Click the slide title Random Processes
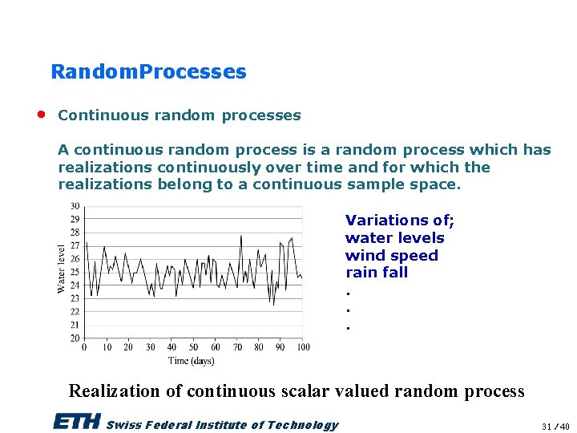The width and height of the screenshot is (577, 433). pyautogui.click(x=148, y=72)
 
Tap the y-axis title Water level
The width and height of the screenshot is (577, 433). pyautogui.click(x=62, y=269)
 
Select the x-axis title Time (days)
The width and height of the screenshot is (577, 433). pyautogui.click(x=192, y=361)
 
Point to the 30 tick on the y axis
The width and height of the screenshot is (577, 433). pyautogui.click(x=75, y=206)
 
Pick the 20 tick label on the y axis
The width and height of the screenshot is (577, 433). pyautogui.click(x=75, y=338)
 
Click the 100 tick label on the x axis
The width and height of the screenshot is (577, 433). pyautogui.click(x=303, y=347)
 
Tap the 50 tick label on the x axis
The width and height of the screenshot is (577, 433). pyautogui.click(x=194, y=347)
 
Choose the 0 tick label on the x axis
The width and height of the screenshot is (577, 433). pyautogui.click(x=86, y=347)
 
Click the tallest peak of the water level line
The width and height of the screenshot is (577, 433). pyautogui.click(x=241, y=236)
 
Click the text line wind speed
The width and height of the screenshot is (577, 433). pyautogui.click(x=391, y=256)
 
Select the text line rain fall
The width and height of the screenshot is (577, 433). pyautogui.click(x=377, y=273)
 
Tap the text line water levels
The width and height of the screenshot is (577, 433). pyautogui.click(x=394, y=238)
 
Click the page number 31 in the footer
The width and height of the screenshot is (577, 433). pyautogui.click(x=547, y=426)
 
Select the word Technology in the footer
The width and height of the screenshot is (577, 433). pyautogui.click(x=302, y=425)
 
